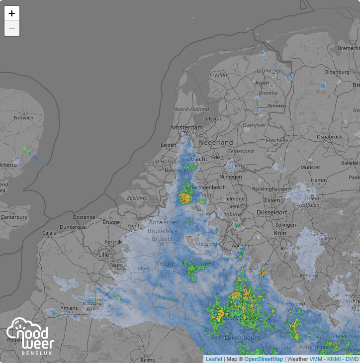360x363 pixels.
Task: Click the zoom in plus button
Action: coord(12,13)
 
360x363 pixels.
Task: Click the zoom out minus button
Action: coord(12,28)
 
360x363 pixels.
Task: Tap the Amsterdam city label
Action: coord(186,128)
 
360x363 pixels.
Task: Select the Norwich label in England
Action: coord(23,118)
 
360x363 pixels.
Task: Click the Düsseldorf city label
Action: coord(272,212)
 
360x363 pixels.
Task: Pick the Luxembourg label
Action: coord(243,338)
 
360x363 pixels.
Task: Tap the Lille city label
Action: coord(103,255)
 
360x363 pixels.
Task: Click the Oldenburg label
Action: coord(337,72)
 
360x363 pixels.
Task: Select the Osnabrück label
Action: coord(329,136)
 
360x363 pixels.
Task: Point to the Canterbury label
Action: coord(14,217)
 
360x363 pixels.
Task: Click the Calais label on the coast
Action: coord(49,232)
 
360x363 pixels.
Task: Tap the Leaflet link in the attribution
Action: coord(214,359)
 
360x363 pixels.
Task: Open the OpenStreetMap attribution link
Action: coord(264,359)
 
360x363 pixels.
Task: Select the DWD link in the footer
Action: coord(352,359)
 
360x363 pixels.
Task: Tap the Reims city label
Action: coord(148,360)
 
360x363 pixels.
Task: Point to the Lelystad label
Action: coord(213,119)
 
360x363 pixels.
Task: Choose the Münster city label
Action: coord(310,168)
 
